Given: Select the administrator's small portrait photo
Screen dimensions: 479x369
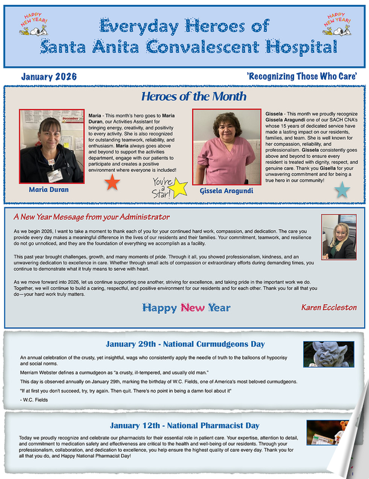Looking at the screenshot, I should coord(338,236).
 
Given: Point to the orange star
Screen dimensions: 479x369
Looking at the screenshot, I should coord(112,183).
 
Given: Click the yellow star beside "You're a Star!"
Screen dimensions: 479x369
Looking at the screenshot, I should coord(179,189).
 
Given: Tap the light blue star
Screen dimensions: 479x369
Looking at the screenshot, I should coord(342,191).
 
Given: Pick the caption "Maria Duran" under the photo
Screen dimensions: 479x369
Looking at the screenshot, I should coord(49,189).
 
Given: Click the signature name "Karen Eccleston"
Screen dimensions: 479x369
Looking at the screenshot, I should coord(329,307).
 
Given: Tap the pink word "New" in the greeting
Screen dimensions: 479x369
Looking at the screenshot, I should coord(193,308).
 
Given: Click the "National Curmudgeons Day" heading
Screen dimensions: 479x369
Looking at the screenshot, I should coord(185,344).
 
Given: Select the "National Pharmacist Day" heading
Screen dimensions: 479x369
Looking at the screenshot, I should coord(185,425).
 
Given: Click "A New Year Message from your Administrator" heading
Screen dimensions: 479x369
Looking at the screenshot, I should coord(91,217).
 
